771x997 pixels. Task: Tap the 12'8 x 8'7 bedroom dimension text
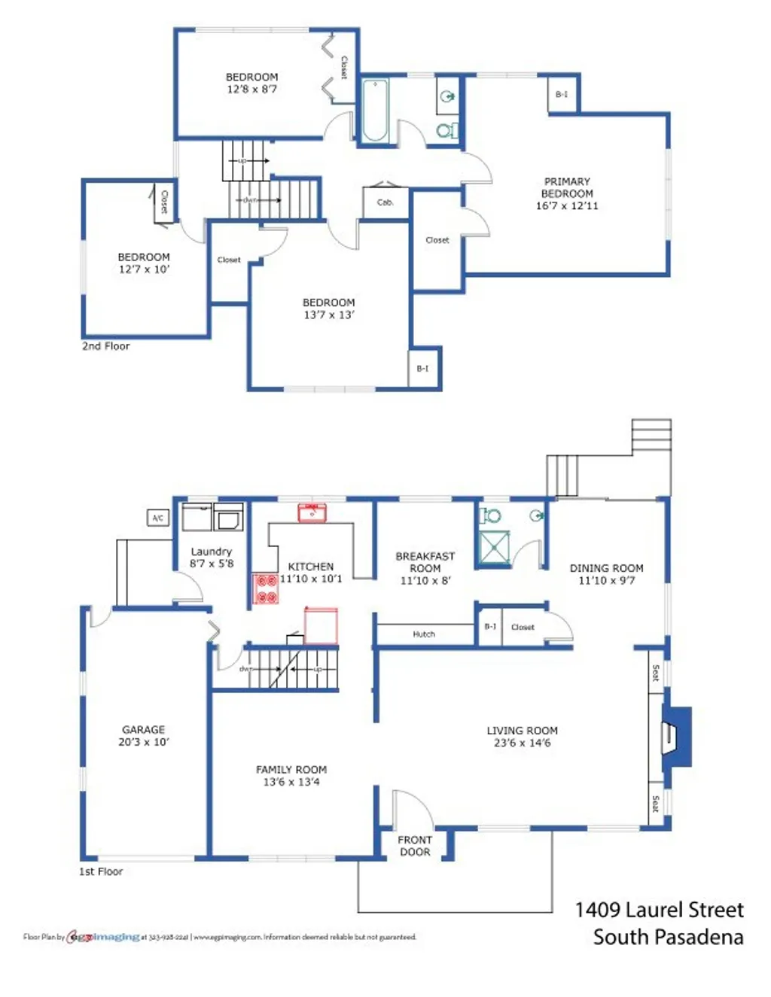point(252,89)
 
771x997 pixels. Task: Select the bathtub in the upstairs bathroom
point(375,111)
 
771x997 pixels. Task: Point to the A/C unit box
point(158,518)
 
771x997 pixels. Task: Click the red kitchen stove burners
point(265,588)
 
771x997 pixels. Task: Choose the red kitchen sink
point(312,513)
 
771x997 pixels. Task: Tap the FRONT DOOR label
point(415,846)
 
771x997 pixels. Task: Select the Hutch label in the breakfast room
point(424,634)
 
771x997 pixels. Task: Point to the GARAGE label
point(143,729)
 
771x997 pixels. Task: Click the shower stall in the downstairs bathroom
point(495,546)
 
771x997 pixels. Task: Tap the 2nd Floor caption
point(105,346)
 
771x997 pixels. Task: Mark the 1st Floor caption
point(101,871)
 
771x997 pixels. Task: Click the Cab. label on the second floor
point(385,202)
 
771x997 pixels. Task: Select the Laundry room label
point(211,552)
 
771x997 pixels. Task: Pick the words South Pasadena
point(668,938)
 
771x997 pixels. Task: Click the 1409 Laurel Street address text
point(659,910)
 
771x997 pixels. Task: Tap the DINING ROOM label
point(606,568)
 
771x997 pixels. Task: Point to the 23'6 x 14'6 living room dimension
point(522,743)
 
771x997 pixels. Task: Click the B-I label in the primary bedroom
point(562,95)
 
